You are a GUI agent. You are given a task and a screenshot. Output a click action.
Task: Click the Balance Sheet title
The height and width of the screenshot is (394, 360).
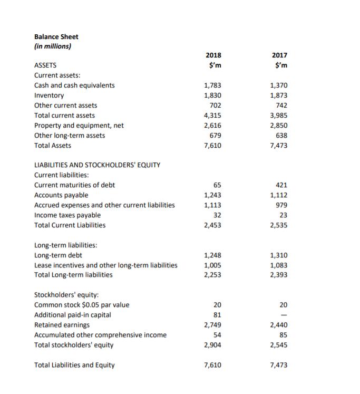pos(56,36)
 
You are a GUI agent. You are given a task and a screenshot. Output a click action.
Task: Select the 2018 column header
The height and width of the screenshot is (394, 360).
pos(213,55)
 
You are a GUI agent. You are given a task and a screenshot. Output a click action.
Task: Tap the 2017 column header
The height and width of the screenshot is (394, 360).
pos(280,55)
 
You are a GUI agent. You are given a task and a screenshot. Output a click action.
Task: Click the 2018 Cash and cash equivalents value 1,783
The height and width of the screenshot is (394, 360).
pos(212,85)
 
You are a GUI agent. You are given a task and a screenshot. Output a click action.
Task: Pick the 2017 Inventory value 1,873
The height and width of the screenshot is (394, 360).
pos(278,95)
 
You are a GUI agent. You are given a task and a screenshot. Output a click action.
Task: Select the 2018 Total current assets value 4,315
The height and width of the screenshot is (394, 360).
pos(212,116)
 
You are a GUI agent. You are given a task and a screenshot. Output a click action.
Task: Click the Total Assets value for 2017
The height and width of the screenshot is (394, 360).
pos(278,146)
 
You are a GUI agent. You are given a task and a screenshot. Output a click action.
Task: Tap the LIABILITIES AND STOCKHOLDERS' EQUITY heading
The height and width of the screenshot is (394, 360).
pos(97,165)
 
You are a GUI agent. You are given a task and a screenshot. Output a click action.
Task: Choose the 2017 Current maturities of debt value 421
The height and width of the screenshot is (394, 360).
pos(281,185)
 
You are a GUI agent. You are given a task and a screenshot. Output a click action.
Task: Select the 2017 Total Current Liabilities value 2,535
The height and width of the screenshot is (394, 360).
pos(278,225)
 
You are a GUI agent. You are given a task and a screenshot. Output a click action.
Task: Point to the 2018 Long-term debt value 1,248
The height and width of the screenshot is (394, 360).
pos(212,255)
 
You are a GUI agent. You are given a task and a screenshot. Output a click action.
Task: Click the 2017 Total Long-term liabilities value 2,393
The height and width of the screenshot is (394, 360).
pos(278,275)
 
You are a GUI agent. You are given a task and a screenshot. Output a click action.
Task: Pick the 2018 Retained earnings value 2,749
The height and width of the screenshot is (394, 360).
pos(212,325)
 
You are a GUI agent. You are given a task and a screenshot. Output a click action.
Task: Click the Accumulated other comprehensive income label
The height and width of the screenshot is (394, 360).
pos(100,335)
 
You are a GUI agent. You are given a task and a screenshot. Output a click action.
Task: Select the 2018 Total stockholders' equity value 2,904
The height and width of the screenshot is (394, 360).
pos(212,345)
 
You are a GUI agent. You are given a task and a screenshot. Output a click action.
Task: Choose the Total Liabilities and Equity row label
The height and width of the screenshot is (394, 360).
pos(74,365)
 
